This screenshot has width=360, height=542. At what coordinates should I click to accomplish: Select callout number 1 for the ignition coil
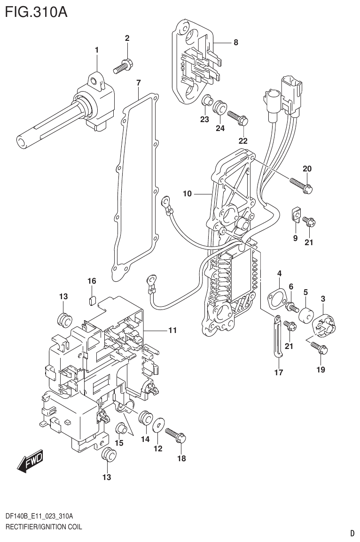point(96,49)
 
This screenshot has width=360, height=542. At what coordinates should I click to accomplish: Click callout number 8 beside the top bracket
point(235,42)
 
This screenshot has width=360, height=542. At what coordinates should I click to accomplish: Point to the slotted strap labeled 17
point(278,337)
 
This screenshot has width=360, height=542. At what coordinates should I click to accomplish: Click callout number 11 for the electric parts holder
point(172,331)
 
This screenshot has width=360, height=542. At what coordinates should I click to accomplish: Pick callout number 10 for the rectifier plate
point(187,193)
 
